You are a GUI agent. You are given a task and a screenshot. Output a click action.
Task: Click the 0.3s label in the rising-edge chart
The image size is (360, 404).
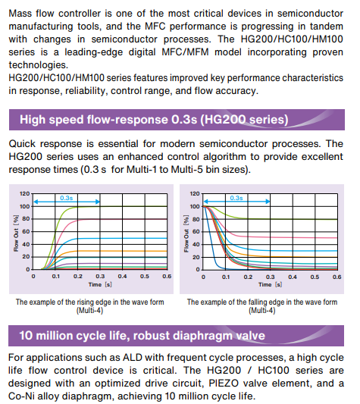66,198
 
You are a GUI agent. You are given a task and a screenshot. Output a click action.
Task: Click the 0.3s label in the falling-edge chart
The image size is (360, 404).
236,198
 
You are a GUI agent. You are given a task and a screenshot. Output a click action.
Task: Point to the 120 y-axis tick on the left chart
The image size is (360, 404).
25,193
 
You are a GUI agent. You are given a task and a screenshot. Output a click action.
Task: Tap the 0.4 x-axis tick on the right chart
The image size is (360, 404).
293,277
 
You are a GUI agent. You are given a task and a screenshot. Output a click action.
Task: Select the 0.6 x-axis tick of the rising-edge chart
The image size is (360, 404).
167,277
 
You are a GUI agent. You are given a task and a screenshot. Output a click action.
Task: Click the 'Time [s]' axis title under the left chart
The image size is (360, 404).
100,285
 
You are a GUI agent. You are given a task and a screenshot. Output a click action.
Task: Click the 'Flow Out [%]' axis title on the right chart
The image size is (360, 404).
186,233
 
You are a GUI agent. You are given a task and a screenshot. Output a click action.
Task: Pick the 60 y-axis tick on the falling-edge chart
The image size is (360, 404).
196,232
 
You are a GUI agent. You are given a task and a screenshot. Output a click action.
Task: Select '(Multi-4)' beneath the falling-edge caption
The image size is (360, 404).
261,310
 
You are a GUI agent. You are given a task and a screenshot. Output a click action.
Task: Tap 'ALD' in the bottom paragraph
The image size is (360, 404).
133,358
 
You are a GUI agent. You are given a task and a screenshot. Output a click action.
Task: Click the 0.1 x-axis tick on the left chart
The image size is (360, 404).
55,277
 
